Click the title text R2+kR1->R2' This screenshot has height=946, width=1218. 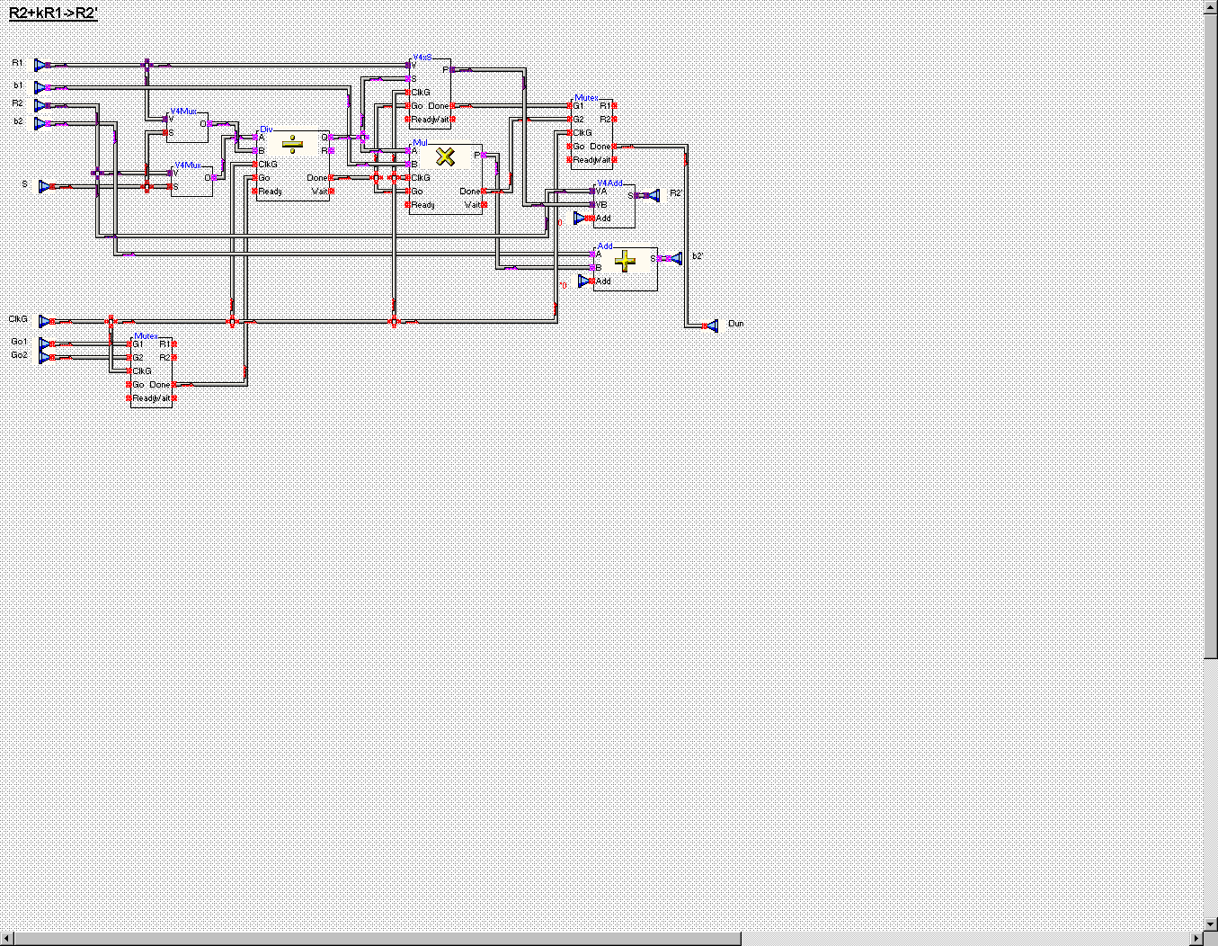53,13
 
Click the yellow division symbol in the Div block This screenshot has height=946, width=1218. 292,144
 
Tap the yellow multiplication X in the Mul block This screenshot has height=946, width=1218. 445,156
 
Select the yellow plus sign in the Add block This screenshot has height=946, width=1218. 625,261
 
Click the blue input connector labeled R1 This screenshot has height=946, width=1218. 40,65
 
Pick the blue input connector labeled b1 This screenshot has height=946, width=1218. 40,87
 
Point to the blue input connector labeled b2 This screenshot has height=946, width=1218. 40,123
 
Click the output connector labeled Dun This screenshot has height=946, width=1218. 712,326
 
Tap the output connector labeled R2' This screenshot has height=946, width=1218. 653,195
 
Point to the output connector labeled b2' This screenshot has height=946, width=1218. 675,258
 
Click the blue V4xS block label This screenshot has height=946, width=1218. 422,57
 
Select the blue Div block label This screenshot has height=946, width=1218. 265,129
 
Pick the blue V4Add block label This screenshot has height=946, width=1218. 609,183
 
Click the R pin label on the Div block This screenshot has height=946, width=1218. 324,151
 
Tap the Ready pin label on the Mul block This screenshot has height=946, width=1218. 423,205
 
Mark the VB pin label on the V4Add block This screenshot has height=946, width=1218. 601,205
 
